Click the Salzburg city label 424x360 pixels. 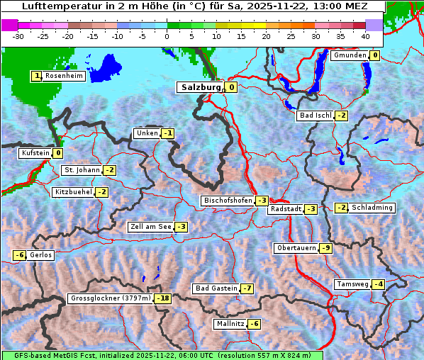click(x=201, y=87)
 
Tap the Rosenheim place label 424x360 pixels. click(x=64, y=76)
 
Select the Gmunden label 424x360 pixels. click(x=350, y=55)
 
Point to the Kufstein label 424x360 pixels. click(x=35, y=153)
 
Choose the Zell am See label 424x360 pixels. click(x=150, y=227)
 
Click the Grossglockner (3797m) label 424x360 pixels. click(x=111, y=298)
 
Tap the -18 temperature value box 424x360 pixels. click(x=163, y=298)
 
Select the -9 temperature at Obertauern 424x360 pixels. click(x=325, y=248)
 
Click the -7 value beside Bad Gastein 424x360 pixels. click(x=247, y=288)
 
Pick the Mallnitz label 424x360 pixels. click(x=230, y=324)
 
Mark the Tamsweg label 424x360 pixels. click(x=352, y=284)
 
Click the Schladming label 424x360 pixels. click(x=372, y=208)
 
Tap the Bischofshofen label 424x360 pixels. click(x=228, y=201)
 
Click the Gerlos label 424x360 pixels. click(x=41, y=255)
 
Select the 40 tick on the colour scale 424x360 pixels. click(x=365, y=35)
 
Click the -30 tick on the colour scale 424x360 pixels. click(x=18, y=35)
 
